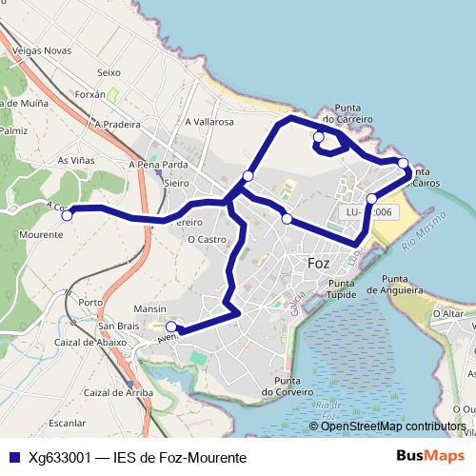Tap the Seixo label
click(x=109, y=72)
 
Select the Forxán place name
click(x=89, y=94)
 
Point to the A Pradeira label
click(x=117, y=124)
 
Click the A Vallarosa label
click(x=210, y=122)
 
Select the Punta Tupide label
click(x=347, y=289)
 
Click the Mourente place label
click(x=41, y=233)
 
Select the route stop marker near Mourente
click(x=67, y=215)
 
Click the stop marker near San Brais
click(x=171, y=326)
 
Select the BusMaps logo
click(x=430, y=457)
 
